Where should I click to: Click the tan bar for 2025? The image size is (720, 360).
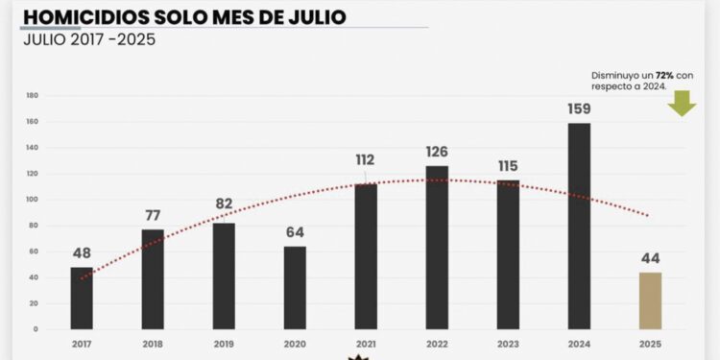(649, 300)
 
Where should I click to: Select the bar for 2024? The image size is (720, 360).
(579, 226)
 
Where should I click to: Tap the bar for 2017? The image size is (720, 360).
(82, 298)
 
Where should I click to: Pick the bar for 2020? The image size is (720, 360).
(295, 288)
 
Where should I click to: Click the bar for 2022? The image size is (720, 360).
(437, 247)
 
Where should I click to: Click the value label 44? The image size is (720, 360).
(650, 257)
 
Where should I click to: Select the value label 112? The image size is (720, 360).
(366, 160)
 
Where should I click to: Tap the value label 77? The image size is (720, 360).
(153, 214)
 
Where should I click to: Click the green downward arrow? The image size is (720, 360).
(682, 103)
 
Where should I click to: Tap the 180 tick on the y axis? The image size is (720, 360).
(33, 95)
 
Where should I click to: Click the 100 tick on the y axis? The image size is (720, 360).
(33, 200)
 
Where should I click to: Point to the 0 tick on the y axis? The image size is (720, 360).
(36, 329)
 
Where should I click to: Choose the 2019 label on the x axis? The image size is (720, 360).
(224, 343)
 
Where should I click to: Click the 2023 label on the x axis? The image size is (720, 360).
(508, 343)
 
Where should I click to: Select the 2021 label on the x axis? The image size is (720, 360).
(366, 343)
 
